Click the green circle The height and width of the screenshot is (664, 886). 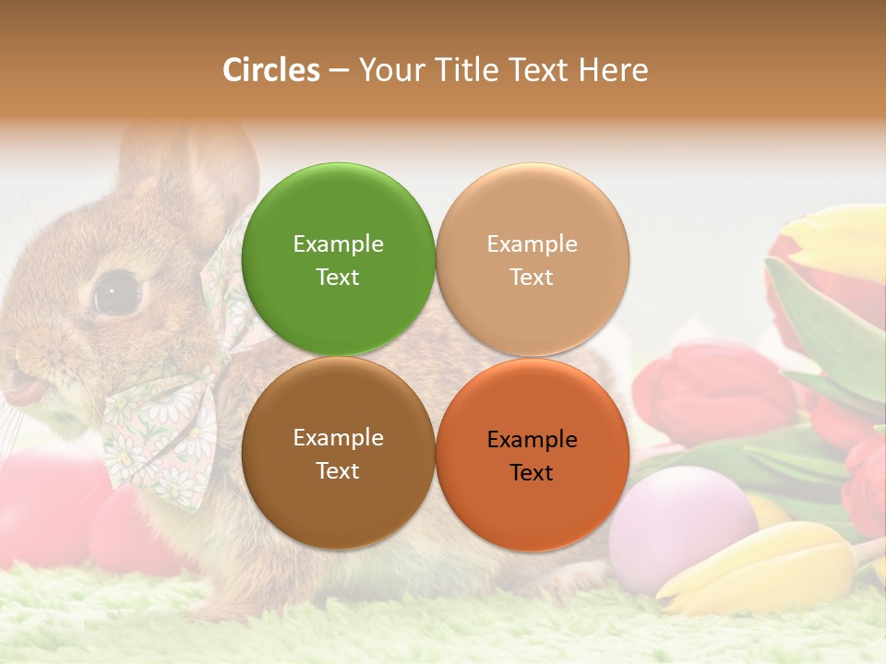(x=338, y=259)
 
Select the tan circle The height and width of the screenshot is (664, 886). (x=532, y=259)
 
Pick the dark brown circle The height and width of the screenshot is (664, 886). (x=338, y=453)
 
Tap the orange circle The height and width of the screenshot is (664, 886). (x=532, y=453)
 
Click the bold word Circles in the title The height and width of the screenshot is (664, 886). (x=271, y=70)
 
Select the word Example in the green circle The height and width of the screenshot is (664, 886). (x=338, y=243)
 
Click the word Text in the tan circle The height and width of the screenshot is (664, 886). (x=532, y=277)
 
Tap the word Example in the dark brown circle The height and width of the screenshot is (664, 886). (x=338, y=437)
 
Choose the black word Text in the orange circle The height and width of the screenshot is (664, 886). (x=532, y=472)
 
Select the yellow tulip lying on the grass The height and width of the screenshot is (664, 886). (x=766, y=567)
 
